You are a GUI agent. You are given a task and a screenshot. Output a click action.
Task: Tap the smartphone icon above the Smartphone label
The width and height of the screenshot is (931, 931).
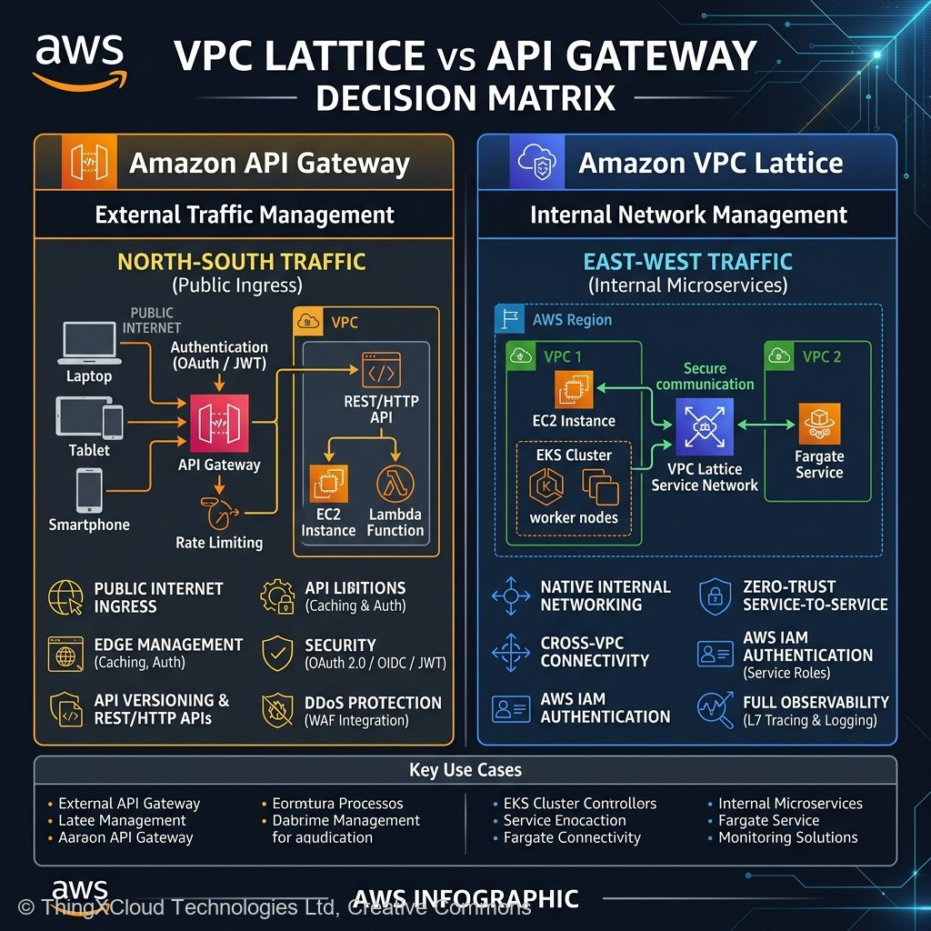click(x=89, y=489)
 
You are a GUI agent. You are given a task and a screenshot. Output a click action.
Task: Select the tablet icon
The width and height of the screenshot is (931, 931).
click(x=89, y=418)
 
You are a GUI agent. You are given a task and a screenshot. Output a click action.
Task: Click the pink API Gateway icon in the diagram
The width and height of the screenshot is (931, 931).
click(x=218, y=423)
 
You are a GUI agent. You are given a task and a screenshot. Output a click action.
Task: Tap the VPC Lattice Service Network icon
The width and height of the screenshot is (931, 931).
click(x=705, y=425)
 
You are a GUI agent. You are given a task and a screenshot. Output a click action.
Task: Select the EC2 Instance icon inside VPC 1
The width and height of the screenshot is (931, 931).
click(x=574, y=389)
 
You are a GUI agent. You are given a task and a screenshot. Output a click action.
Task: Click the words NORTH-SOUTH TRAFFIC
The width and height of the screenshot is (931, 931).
click(x=241, y=263)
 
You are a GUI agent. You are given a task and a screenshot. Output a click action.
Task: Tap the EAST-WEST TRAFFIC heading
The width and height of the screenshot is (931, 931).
click(x=687, y=263)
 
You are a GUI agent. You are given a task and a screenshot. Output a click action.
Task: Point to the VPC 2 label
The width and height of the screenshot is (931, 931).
click(x=822, y=356)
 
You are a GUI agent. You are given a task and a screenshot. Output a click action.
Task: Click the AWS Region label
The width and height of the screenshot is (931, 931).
click(x=571, y=320)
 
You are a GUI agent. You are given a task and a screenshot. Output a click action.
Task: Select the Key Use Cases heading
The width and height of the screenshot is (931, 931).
click(x=465, y=770)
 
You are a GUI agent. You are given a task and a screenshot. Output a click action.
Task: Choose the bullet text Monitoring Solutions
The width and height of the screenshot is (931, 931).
click(x=787, y=837)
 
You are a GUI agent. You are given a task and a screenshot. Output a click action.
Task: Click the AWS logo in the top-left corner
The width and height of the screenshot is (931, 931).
click(x=79, y=61)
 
